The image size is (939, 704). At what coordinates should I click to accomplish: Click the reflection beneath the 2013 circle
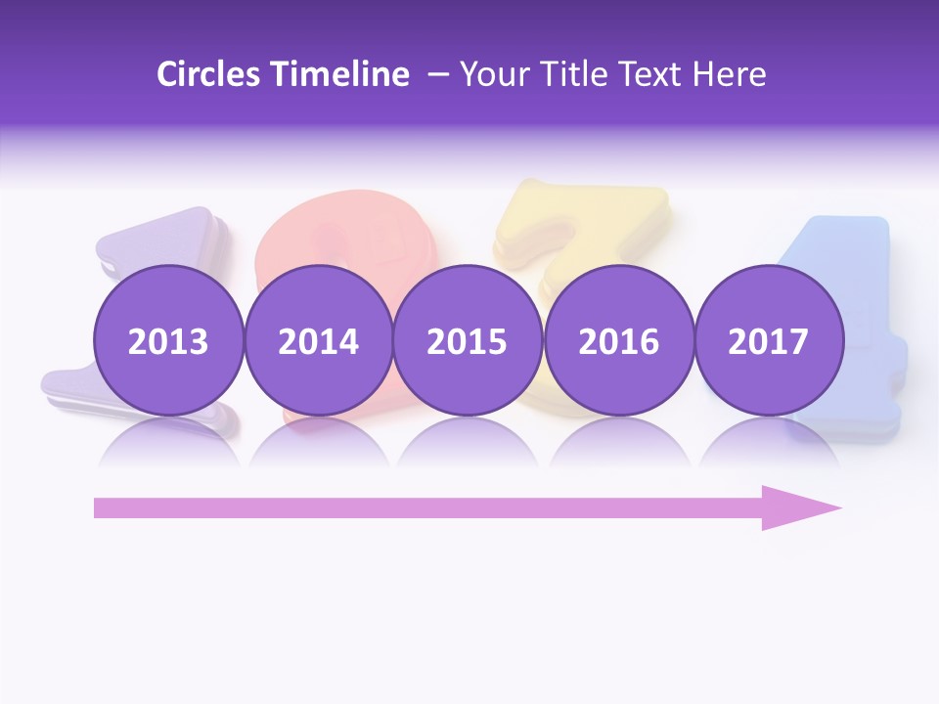(x=168, y=442)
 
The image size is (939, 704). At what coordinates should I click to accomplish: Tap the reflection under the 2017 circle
(x=768, y=442)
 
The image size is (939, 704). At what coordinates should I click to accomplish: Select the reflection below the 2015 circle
(x=468, y=442)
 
